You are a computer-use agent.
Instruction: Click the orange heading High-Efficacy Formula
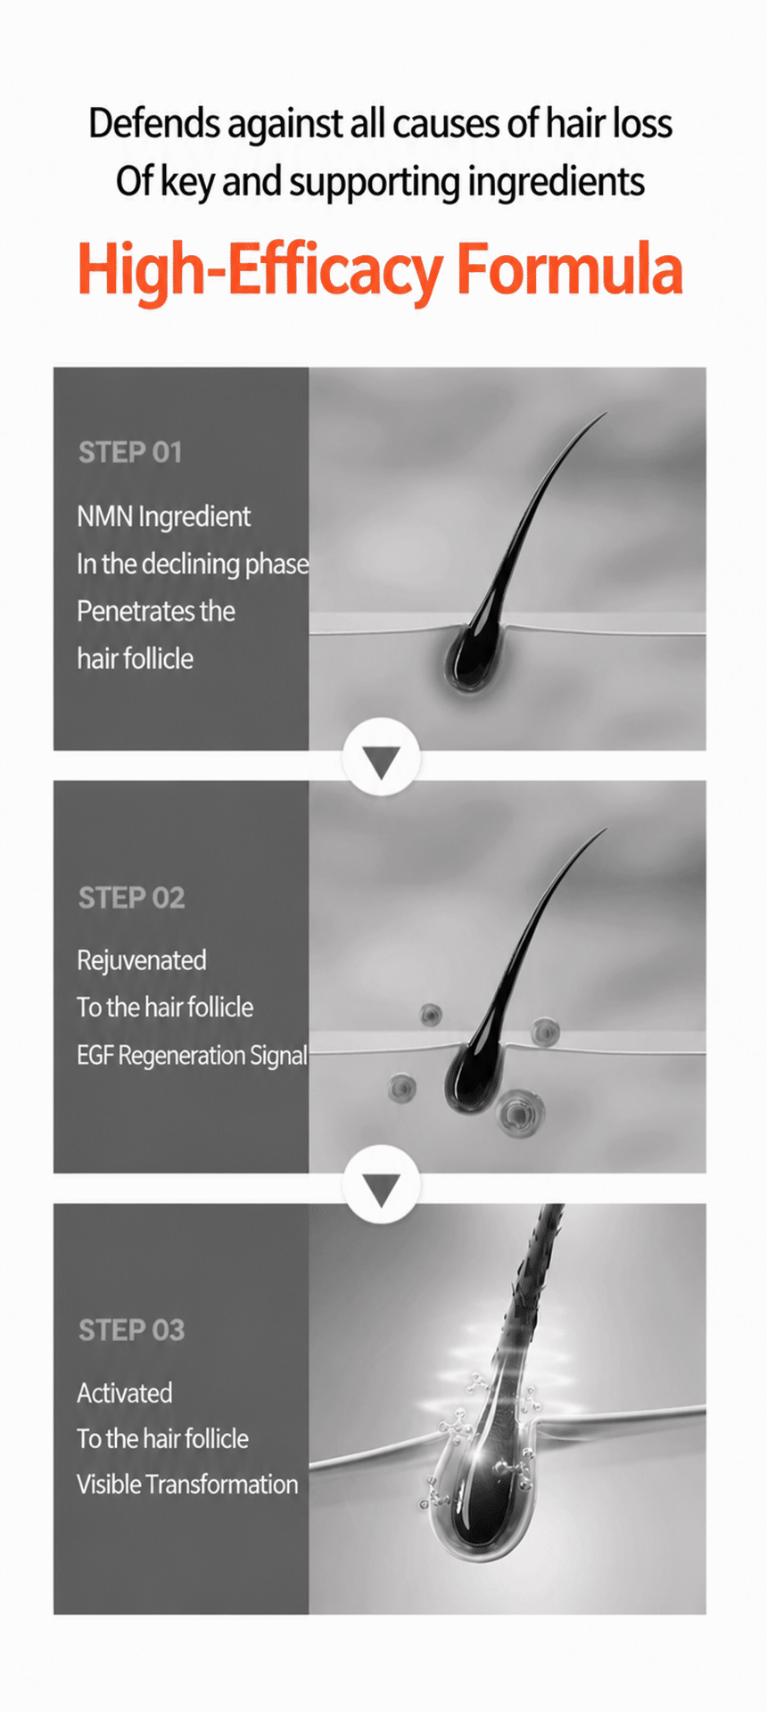[x=380, y=269]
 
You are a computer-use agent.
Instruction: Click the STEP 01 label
[x=130, y=452]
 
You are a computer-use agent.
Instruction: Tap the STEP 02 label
[x=131, y=897]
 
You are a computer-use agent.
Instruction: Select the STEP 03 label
[x=131, y=1329]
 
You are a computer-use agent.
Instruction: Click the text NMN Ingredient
[x=163, y=517]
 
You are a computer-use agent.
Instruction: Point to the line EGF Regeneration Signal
[x=192, y=1056]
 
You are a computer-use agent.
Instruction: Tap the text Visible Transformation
[x=187, y=1484]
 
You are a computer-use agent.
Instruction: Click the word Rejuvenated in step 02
[x=141, y=960]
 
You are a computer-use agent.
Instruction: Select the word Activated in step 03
[x=124, y=1393]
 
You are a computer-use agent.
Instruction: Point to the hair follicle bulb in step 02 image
[x=469, y=1078]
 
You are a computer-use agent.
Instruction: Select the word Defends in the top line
[x=154, y=123]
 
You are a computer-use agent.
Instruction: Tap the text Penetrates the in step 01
[x=156, y=612]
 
